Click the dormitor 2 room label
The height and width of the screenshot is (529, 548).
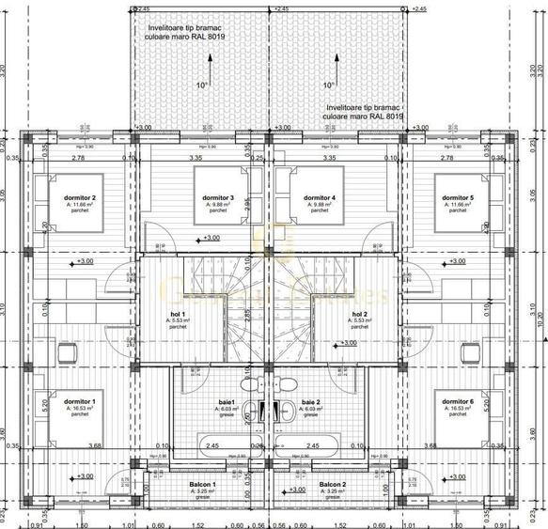[x=82, y=197]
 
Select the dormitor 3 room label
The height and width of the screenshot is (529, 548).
[x=218, y=197]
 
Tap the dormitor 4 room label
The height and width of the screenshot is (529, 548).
[x=320, y=197]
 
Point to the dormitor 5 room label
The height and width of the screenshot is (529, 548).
[x=458, y=197]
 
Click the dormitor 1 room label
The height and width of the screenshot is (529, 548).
[x=82, y=401]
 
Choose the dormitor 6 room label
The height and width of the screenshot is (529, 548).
[x=458, y=401]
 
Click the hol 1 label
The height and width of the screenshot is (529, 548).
[x=178, y=314]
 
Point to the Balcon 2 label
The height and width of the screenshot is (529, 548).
[x=331, y=485]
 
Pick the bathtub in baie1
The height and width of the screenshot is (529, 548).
[x=225, y=445]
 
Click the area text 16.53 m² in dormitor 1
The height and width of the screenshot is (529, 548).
[x=82, y=409]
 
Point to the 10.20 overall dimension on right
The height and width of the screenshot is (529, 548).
[x=540, y=319]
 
